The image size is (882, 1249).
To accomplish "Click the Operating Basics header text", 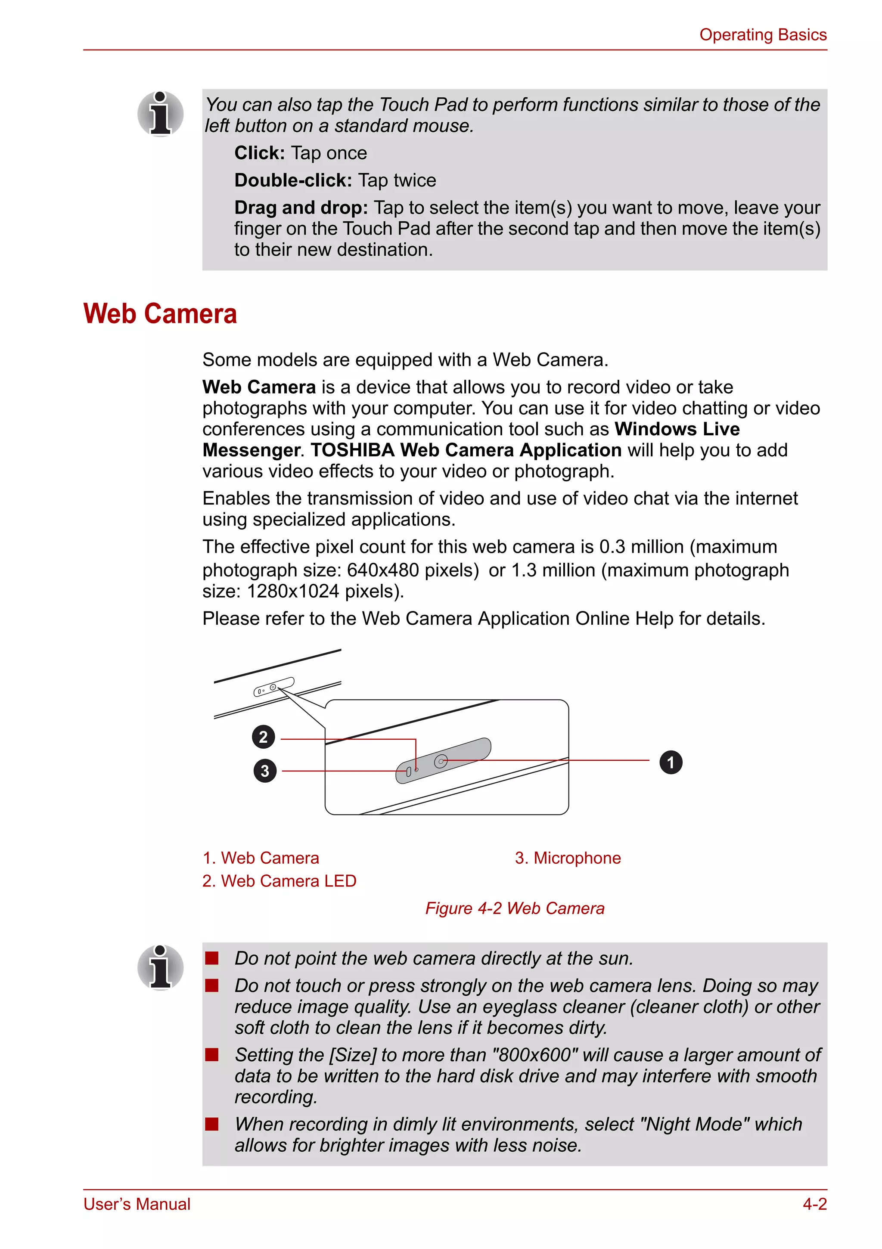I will pos(762,35).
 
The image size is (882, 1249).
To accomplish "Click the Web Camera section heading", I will pos(160,314).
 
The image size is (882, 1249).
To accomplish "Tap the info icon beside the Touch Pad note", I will pos(160,114).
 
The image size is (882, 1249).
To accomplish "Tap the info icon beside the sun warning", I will pos(160,967).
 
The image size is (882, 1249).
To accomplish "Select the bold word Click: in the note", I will pos(259,153).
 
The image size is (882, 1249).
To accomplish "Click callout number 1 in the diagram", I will pos(671,762).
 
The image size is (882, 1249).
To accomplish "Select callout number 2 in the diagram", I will pos(263,737).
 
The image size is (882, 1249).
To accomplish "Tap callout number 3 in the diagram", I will pos(264,770).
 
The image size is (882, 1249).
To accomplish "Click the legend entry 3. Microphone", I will pos(568,858).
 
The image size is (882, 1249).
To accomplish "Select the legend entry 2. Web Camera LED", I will pos(279,881).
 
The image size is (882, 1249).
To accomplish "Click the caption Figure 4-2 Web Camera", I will pos(514,908).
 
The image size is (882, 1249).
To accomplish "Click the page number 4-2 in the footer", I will pos(814,1204).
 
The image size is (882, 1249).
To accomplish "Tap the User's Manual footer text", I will pos(137,1204).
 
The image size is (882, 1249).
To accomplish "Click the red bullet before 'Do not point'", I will pos(211,958).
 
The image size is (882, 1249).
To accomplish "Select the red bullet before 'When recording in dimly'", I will pos(211,1124).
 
